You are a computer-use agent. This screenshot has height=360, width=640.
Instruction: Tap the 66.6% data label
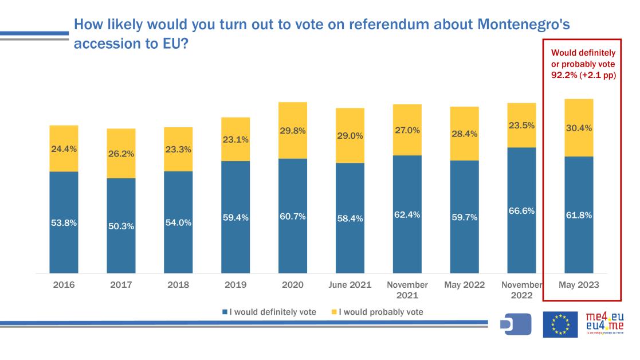[x=521, y=211]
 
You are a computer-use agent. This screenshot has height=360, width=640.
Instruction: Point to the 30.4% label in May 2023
[x=579, y=128]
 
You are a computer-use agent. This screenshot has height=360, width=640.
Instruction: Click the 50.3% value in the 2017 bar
[x=121, y=226]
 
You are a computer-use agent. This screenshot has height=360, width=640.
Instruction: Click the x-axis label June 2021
[x=350, y=285]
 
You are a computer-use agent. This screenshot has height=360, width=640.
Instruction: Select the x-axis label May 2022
[x=464, y=285]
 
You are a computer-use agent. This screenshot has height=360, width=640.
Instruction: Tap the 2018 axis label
[x=178, y=285]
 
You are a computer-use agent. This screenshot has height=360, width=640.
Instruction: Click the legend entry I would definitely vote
[x=269, y=312]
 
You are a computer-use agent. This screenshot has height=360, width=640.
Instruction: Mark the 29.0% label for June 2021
[x=350, y=136]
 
